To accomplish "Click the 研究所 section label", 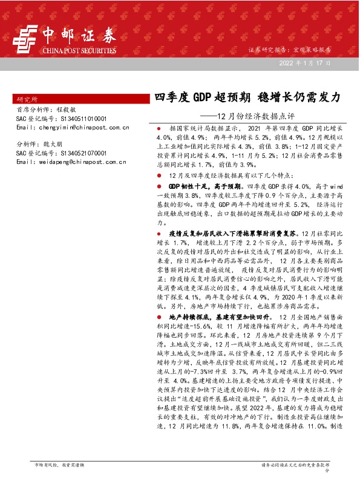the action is (27, 98).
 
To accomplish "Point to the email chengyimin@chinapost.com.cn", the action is (73, 127).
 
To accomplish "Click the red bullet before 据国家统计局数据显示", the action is (159, 130).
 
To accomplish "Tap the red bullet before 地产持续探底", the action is (159, 317).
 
